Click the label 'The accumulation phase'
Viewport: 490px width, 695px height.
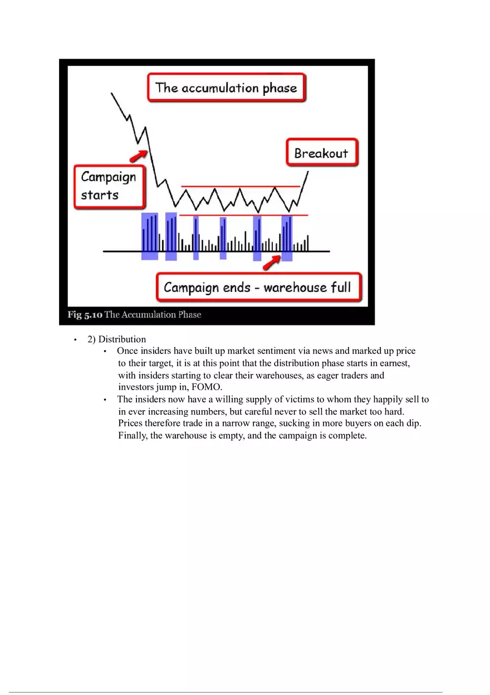pyautogui.click(x=226, y=88)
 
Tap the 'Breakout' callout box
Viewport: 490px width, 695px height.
pyautogui.click(x=321, y=153)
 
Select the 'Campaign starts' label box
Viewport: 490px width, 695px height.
pyautogui.click(x=109, y=186)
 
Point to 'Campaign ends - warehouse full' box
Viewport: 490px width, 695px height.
pyautogui.click(x=257, y=288)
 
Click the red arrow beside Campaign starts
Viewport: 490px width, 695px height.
pyautogui.click(x=138, y=154)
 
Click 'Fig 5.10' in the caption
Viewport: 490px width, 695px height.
pyautogui.click(x=85, y=315)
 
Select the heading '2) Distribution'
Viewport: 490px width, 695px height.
pyautogui.click(x=116, y=339)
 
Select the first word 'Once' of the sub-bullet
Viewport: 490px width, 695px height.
pyautogui.click(x=127, y=351)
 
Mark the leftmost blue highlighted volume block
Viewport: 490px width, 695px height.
pyautogui.click(x=149, y=236)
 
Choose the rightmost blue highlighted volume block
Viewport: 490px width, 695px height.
pyautogui.click(x=287, y=239)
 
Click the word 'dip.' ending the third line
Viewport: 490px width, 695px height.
pyautogui.click(x=413, y=424)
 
